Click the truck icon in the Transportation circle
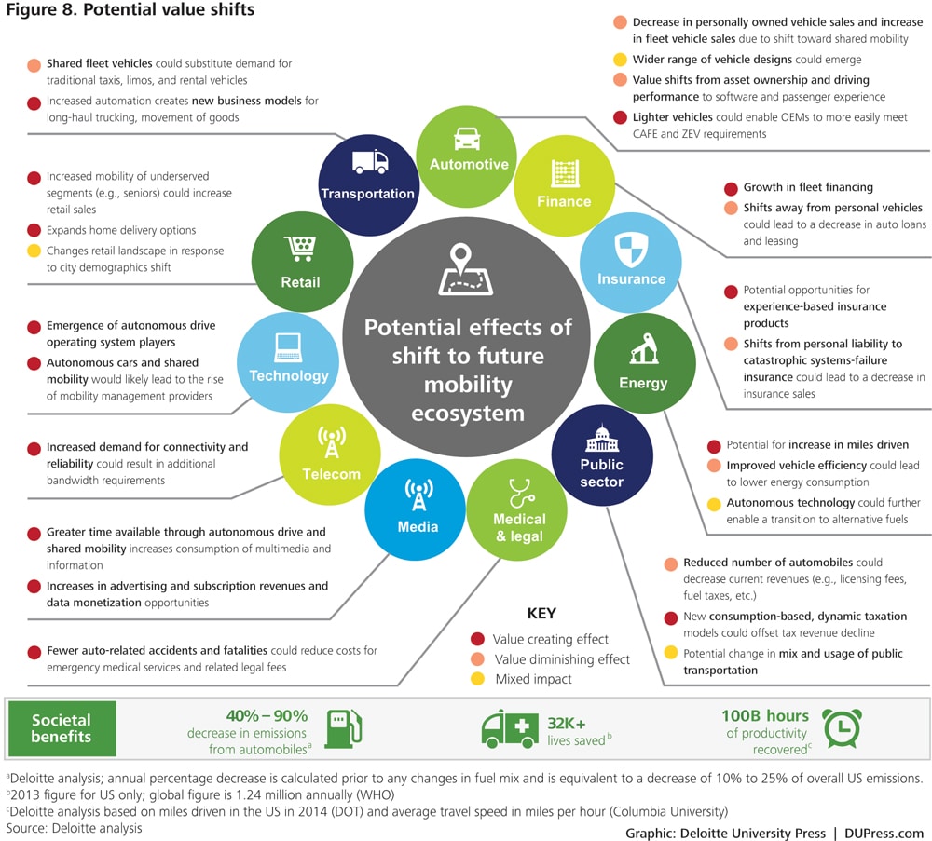point(370,163)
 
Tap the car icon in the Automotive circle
point(468,138)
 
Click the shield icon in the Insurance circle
point(631,249)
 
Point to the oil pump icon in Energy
point(643,350)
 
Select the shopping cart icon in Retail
point(301,248)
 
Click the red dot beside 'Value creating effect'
point(477,639)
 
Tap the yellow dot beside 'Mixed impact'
point(477,679)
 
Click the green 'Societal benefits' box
point(62,728)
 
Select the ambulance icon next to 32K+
point(510,728)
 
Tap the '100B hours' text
point(764,716)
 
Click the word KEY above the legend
point(541,614)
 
